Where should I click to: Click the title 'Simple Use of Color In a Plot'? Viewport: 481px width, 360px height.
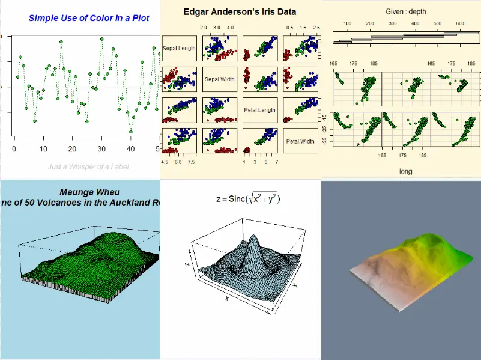[89, 18]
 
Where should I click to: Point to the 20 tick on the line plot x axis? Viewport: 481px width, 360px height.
[72, 150]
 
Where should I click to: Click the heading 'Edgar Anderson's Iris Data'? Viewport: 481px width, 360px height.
[240, 11]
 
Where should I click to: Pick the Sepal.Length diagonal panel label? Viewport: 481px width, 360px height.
[179, 48]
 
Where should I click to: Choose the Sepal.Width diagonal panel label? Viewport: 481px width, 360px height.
[219, 79]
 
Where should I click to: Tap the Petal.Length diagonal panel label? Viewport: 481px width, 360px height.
[259, 110]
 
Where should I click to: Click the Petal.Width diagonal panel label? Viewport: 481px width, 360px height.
[300, 141]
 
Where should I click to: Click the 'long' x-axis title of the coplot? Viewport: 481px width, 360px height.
[406, 171]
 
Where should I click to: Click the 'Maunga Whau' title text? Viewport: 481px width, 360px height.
[88, 192]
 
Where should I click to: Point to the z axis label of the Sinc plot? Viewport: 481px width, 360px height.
[187, 264]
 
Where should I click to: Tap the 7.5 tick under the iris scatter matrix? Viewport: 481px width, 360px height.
[192, 162]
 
